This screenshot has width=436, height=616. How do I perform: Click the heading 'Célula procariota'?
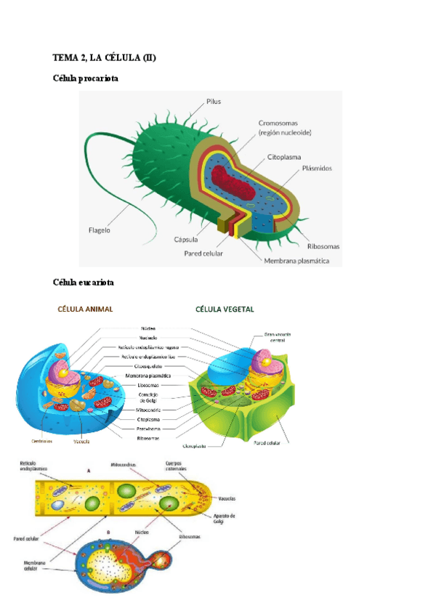pos(86,78)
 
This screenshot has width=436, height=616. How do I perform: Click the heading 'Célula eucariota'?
pos(84,281)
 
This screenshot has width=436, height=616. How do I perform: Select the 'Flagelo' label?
pos(99,228)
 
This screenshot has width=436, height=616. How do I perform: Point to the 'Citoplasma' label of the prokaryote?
pos(285,156)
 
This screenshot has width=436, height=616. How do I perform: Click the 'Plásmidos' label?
pos(318,168)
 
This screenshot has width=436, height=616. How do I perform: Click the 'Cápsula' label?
pos(187,239)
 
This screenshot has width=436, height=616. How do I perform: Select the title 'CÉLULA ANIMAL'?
pos(85,309)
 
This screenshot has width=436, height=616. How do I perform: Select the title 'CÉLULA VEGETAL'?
pos(225,309)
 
